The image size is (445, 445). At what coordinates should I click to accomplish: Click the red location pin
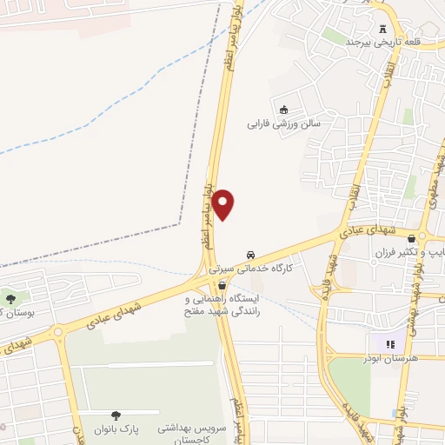(x=224, y=203)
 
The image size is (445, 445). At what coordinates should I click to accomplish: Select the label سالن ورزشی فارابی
(x=286, y=124)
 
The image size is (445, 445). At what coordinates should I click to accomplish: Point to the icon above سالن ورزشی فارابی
(x=284, y=109)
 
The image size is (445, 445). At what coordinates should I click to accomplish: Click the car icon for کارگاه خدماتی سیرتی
(x=250, y=256)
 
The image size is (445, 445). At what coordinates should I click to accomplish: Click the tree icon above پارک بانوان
(x=116, y=415)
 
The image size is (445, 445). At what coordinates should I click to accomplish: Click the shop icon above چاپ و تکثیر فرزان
(x=423, y=236)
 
